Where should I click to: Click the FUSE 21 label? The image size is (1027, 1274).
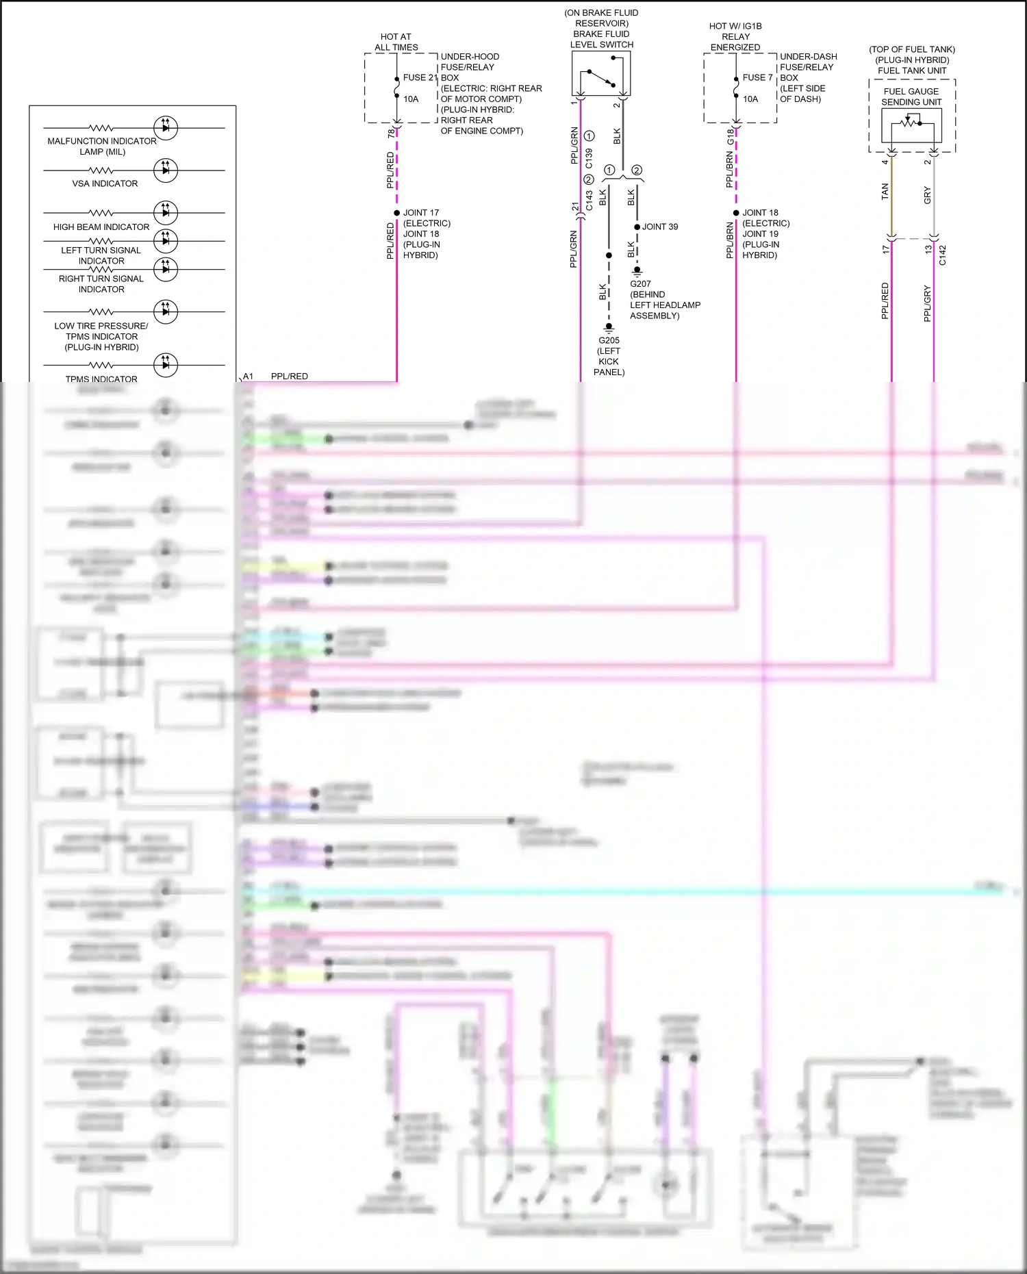click(420, 77)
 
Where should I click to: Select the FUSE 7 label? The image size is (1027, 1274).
click(757, 77)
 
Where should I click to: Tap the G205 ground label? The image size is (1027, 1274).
click(609, 340)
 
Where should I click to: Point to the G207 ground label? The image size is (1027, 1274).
click(640, 283)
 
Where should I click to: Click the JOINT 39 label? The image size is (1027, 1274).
click(659, 227)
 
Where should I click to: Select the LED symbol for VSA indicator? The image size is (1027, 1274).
click(166, 170)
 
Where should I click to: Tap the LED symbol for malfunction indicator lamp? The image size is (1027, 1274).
click(166, 127)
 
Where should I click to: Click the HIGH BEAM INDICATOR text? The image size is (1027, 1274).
click(101, 227)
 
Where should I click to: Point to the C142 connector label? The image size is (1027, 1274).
click(942, 255)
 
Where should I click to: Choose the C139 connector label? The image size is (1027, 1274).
click(589, 159)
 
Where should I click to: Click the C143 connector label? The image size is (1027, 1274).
click(589, 201)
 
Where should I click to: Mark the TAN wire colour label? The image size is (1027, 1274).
click(885, 192)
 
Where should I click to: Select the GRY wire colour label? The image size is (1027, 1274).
click(927, 195)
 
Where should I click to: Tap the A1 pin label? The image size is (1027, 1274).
click(248, 377)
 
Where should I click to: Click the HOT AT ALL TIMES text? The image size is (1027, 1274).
click(396, 42)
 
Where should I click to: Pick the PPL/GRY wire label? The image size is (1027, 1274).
click(927, 303)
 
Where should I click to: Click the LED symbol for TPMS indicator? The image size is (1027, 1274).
click(166, 365)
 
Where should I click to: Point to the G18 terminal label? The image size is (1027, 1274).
click(731, 137)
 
